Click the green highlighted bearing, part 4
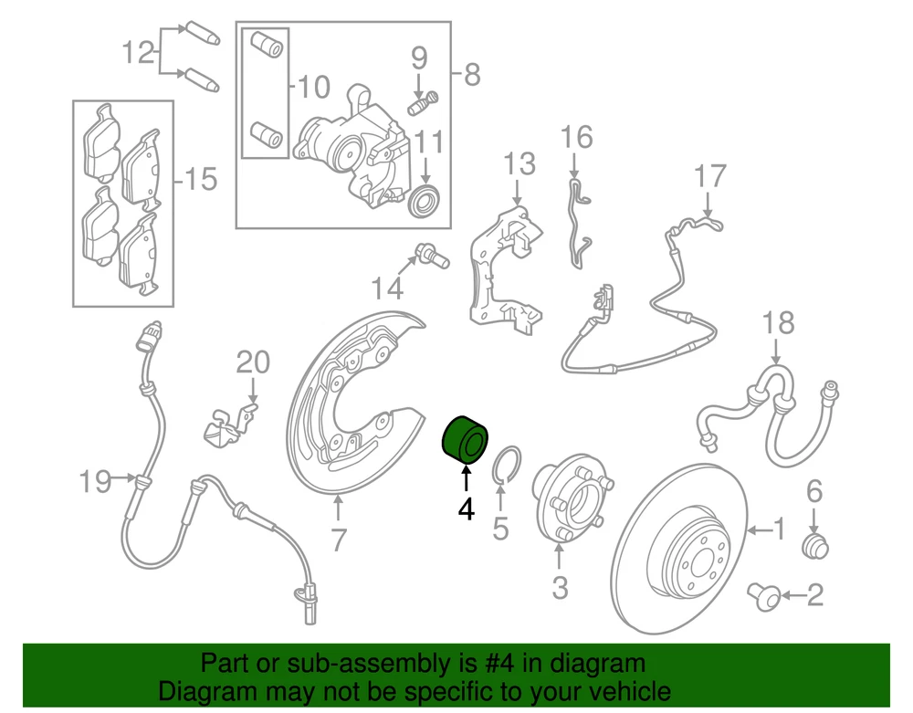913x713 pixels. click(x=465, y=441)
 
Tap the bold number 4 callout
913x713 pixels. click(x=466, y=509)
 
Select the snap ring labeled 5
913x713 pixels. click(x=507, y=464)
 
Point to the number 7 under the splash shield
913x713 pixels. click(x=339, y=540)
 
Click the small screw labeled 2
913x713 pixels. click(x=763, y=595)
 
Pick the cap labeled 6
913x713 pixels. click(x=814, y=545)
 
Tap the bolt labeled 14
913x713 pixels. click(x=432, y=257)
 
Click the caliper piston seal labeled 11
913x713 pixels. click(x=425, y=201)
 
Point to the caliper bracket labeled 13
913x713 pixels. click(x=506, y=270)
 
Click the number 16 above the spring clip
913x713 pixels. click(x=576, y=137)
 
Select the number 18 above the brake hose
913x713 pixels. click(x=778, y=323)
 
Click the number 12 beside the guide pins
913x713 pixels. click(x=139, y=53)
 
